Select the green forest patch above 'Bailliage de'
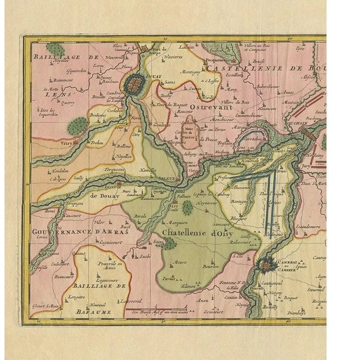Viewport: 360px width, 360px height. (56, 48)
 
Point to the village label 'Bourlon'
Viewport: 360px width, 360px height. (211, 266)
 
